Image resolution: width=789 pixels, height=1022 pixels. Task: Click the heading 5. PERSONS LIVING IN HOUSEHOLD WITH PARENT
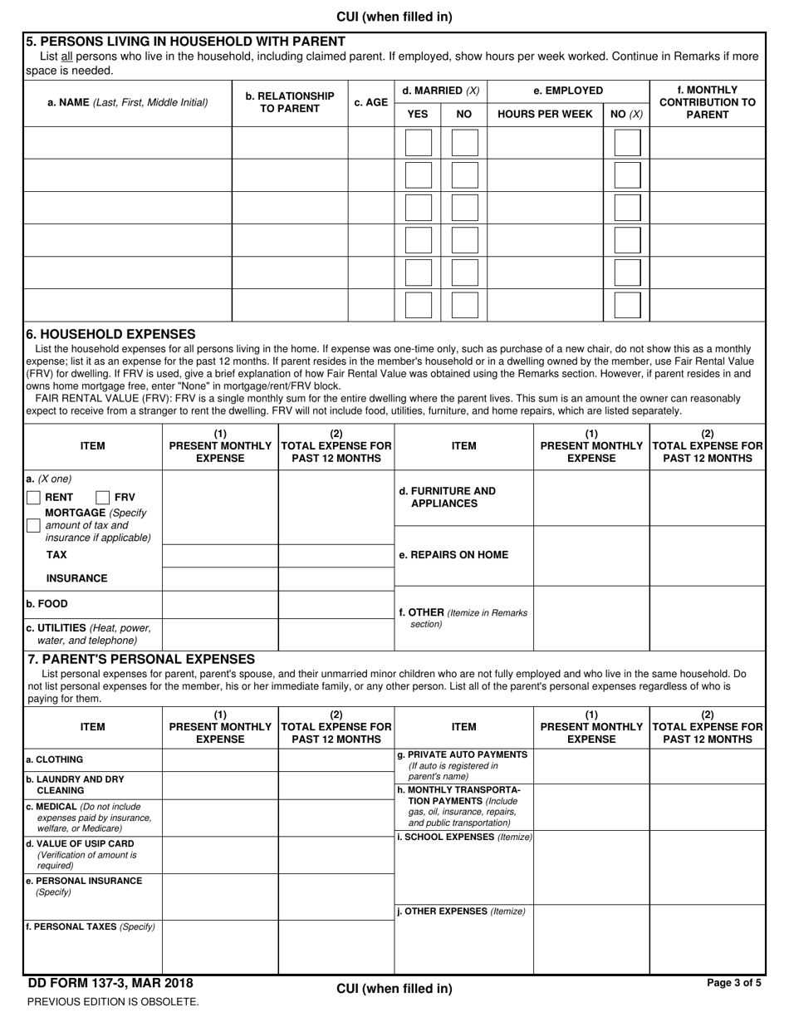pos(185,42)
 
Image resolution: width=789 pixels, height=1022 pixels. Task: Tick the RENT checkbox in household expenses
pos(33,498)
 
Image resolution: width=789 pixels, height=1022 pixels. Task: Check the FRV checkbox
pos(103,498)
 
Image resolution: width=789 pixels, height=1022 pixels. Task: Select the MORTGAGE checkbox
pos(33,525)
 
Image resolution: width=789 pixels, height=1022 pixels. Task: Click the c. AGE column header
pos(370,103)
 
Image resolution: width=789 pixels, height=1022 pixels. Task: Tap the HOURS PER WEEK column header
pos(544,115)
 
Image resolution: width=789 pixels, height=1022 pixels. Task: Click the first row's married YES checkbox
pos(418,143)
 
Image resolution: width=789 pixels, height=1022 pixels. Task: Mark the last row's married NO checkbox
pos(464,305)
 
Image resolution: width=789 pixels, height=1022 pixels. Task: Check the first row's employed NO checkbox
pos(627,143)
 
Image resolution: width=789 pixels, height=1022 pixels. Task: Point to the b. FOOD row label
pos(47,604)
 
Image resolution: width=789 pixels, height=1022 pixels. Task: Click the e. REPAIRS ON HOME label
pos(453,555)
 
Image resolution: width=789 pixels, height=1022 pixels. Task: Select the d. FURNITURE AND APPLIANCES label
pos(448,497)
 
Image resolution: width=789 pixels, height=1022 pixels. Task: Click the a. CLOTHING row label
pos(54,759)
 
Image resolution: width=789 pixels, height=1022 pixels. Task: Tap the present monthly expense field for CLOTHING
pos(220,760)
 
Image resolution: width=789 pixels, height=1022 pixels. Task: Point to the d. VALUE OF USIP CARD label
pos(81,843)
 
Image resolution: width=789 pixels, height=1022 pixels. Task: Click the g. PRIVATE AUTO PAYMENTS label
pos(463,754)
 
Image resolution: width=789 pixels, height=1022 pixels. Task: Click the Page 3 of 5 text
pos(733,983)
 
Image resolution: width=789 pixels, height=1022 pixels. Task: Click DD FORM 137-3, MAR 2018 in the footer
pos(110,984)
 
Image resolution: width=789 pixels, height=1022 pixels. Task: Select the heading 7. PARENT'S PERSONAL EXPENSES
pos(141,659)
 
